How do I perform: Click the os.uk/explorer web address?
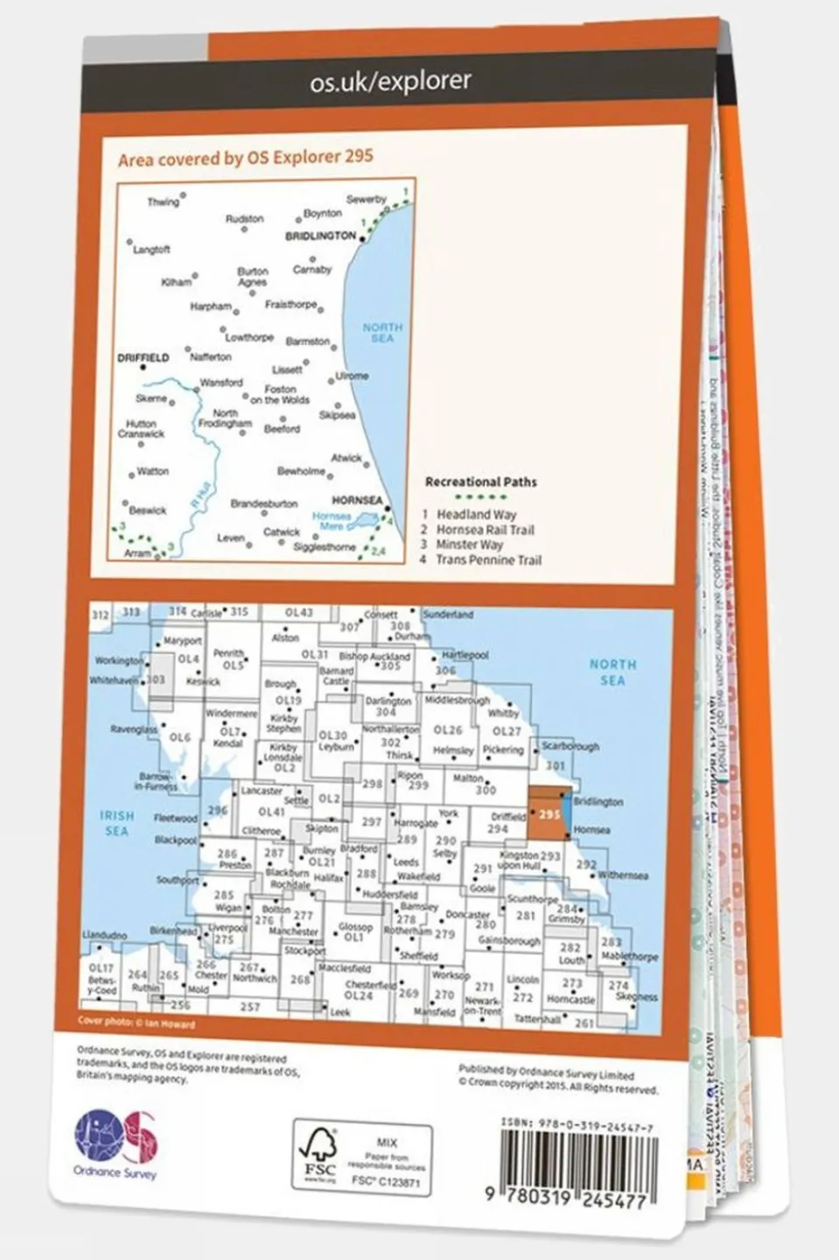[x=390, y=81]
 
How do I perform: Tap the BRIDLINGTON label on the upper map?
[x=321, y=236]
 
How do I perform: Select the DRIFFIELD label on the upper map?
[x=143, y=358]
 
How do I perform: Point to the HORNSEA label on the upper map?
[x=357, y=501]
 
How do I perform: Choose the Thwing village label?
[x=163, y=202]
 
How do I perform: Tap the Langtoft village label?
[x=151, y=250]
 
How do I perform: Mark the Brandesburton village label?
[x=264, y=504]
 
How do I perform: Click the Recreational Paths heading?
[x=480, y=482]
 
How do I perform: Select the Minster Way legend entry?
[x=470, y=545]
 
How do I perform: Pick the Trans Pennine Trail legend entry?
[x=488, y=560]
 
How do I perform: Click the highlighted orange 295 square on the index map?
[x=549, y=814]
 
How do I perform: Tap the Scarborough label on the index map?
[x=570, y=747]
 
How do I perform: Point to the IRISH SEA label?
[x=116, y=823]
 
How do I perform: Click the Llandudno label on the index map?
[x=104, y=935]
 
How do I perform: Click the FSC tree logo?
[x=319, y=1153]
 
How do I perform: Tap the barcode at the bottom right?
[x=575, y=1164]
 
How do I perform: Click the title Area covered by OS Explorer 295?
[x=246, y=158]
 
